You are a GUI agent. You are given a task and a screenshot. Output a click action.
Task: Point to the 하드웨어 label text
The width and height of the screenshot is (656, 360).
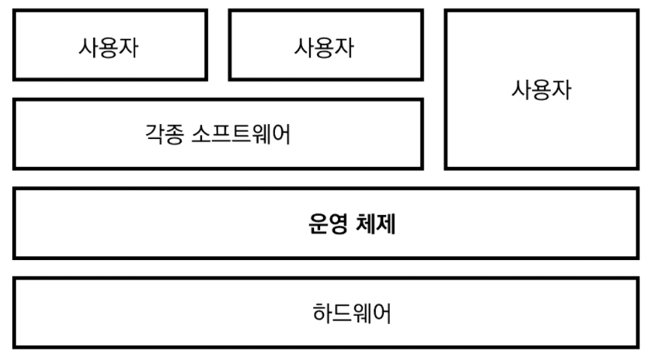(351, 313)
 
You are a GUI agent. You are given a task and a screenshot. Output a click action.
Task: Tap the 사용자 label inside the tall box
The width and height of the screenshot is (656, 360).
(542, 91)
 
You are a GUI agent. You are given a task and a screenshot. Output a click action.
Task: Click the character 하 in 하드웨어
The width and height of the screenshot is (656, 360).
(322, 313)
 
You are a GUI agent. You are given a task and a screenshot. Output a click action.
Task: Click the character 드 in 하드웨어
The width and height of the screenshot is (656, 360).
(341, 313)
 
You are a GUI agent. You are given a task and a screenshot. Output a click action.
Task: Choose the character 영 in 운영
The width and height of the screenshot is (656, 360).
(336, 224)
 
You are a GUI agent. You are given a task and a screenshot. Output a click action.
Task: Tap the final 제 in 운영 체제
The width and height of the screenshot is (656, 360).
(386, 224)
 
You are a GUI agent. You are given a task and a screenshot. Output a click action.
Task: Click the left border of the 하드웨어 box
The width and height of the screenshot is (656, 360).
(15, 313)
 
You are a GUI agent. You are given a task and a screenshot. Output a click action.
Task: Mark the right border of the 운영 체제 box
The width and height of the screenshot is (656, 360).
(638, 223)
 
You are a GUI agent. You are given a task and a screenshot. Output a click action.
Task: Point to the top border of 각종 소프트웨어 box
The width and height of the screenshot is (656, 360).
(218, 100)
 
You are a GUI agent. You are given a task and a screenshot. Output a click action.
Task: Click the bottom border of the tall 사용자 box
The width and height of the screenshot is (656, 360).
(542, 168)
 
